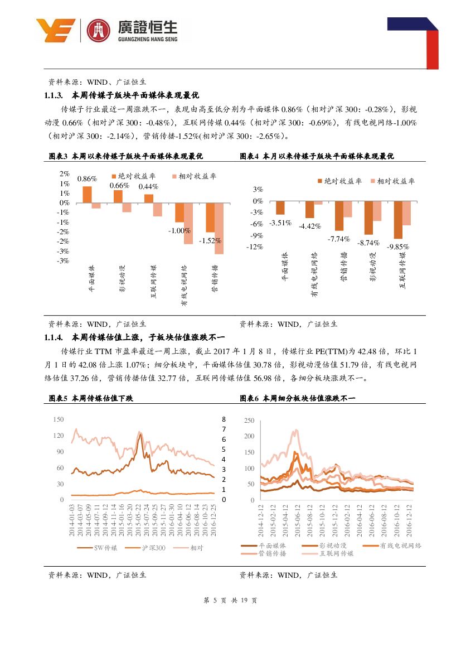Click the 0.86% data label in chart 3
pyautogui.click(x=86, y=179)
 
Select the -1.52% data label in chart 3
pyautogui.click(x=211, y=240)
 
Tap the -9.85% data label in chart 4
pyautogui.click(x=399, y=247)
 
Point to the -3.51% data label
pyautogui.click(x=280, y=223)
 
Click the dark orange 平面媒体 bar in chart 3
pyautogui.click(x=87, y=194)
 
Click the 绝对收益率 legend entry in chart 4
pyautogui.click(x=339, y=181)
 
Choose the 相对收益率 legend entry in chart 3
pyautogui.click(x=193, y=176)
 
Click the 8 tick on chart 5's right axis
pyautogui.click(x=223, y=419)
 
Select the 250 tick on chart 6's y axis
pyautogui.click(x=249, y=421)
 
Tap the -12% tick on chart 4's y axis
pyautogui.click(x=254, y=247)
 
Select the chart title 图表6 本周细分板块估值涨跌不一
pyautogui.click(x=297, y=398)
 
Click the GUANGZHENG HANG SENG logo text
pyautogui.click(x=148, y=39)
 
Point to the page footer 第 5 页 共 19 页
pyautogui.click(x=230, y=601)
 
